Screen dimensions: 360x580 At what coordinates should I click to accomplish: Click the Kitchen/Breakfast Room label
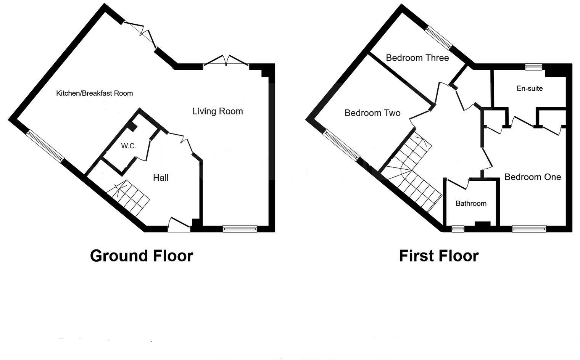(x=94, y=93)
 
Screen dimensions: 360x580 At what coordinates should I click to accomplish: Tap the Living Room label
(x=217, y=111)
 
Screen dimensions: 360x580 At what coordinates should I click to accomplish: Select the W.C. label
(x=129, y=146)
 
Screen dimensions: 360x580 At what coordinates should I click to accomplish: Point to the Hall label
(x=161, y=178)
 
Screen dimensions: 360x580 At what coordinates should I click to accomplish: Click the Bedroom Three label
(x=417, y=58)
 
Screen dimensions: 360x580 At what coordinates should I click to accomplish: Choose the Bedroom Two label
(x=372, y=113)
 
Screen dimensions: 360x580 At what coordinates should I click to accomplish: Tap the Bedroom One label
(x=532, y=177)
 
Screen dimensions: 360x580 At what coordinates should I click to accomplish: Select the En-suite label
(x=529, y=88)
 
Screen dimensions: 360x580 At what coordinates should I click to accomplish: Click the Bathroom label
(x=471, y=204)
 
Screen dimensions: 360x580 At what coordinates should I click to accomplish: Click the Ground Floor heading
(x=141, y=256)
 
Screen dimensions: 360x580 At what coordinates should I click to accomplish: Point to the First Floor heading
(x=438, y=256)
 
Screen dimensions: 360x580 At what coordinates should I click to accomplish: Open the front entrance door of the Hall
(x=179, y=225)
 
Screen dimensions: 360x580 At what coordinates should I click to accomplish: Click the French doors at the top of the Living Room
(x=226, y=62)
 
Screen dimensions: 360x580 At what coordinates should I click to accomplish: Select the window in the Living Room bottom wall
(x=240, y=229)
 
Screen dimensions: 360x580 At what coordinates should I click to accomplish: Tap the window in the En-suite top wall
(x=533, y=67)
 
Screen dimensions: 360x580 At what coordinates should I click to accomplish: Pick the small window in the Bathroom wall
(x=458, y=229)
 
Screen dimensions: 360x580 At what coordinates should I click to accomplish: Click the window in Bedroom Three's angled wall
(x=439, y=37)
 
